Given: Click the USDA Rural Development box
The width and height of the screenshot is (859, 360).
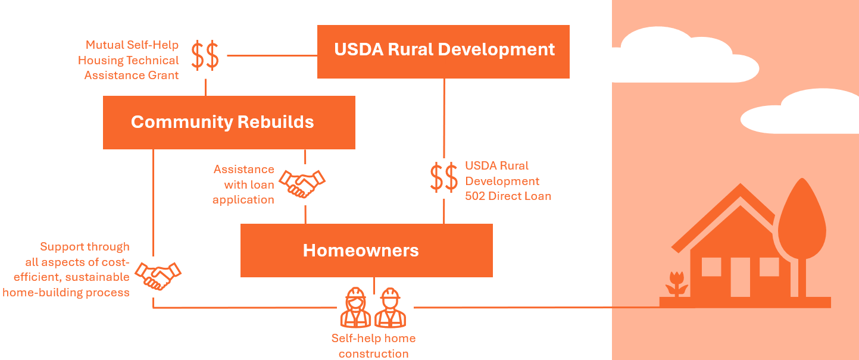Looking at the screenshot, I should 443,51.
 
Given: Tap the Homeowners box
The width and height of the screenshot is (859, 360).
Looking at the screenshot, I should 366,250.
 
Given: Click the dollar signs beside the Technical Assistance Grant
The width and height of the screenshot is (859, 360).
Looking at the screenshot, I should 205,55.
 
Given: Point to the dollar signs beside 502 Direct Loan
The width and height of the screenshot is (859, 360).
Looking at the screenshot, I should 444,177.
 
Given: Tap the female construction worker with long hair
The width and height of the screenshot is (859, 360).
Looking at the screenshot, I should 355,308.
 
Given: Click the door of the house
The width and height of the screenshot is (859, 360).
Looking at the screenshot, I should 741,277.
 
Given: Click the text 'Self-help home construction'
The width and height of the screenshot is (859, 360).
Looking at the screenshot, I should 373,346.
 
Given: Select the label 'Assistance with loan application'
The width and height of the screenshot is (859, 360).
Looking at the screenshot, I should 244,184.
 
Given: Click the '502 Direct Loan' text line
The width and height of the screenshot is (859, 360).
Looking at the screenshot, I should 508,196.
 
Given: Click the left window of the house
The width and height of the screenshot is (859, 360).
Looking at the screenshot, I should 711,267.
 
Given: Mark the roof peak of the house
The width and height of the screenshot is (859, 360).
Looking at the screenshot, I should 740,188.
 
